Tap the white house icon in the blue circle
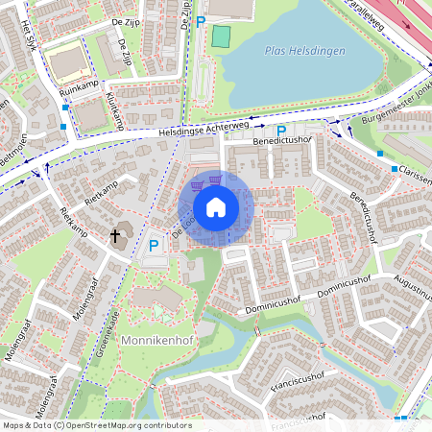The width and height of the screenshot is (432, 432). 216,207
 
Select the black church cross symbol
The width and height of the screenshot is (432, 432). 116,235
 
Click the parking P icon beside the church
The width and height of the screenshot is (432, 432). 154,247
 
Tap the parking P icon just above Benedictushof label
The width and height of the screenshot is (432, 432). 281,131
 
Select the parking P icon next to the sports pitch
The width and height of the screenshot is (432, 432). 201,21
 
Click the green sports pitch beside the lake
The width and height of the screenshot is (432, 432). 222,36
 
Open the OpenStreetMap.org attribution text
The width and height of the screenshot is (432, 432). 96,425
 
